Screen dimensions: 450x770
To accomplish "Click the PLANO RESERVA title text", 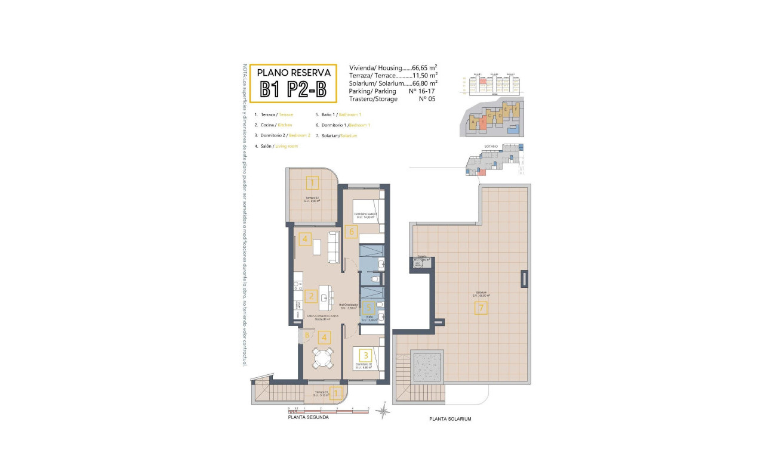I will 293,72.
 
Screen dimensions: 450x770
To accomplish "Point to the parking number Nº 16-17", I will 422,91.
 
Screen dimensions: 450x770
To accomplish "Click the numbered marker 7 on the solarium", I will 481,308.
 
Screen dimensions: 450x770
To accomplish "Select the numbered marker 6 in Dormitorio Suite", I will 352,232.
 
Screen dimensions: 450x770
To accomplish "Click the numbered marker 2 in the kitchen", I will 310,296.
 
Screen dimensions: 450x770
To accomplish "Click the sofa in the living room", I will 333,247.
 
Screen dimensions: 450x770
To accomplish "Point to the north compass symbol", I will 385,411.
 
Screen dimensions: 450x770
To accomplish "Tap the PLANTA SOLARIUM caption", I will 450,419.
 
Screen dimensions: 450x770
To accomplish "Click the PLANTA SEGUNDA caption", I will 308,417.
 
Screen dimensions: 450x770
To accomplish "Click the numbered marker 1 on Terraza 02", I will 312,182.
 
